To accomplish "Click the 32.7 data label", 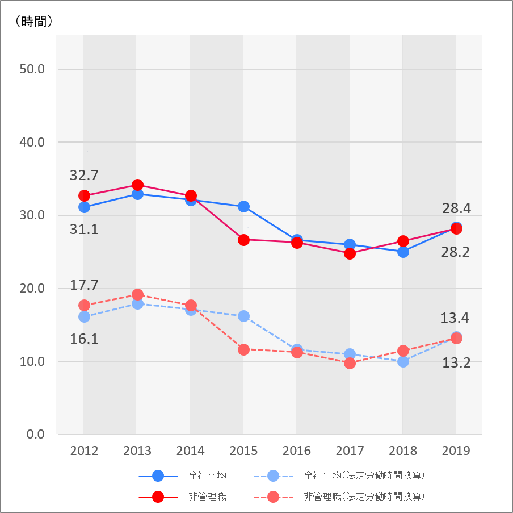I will [x=84, y=176].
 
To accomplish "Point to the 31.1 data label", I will [x=84, y=229].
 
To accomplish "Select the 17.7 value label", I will [x=84, y=285].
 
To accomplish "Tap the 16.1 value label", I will [x=84, y=339].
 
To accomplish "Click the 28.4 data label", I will [x=456, y=209].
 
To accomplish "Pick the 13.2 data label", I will [x=456, y=362].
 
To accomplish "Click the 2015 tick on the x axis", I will [x=243, y=451].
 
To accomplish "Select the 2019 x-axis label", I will [x=456, y=451].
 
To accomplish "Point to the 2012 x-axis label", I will [x=84, y=451].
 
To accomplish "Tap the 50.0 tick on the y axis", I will [x=32, y=69].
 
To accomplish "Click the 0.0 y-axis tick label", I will [x=35, y=435].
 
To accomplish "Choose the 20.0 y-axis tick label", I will [x=32, y=289].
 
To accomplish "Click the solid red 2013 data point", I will [x=137, y=185].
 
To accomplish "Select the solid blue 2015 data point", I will [x=243, y=206].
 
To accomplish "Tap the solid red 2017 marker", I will [x=350, y=253].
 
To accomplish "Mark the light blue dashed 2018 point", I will [x=403, y=361].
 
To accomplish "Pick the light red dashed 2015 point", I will [x=243, y=349].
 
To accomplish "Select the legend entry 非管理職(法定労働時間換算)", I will [x=364, y=497].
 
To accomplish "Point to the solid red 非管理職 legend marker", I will [x=158, y=497].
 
